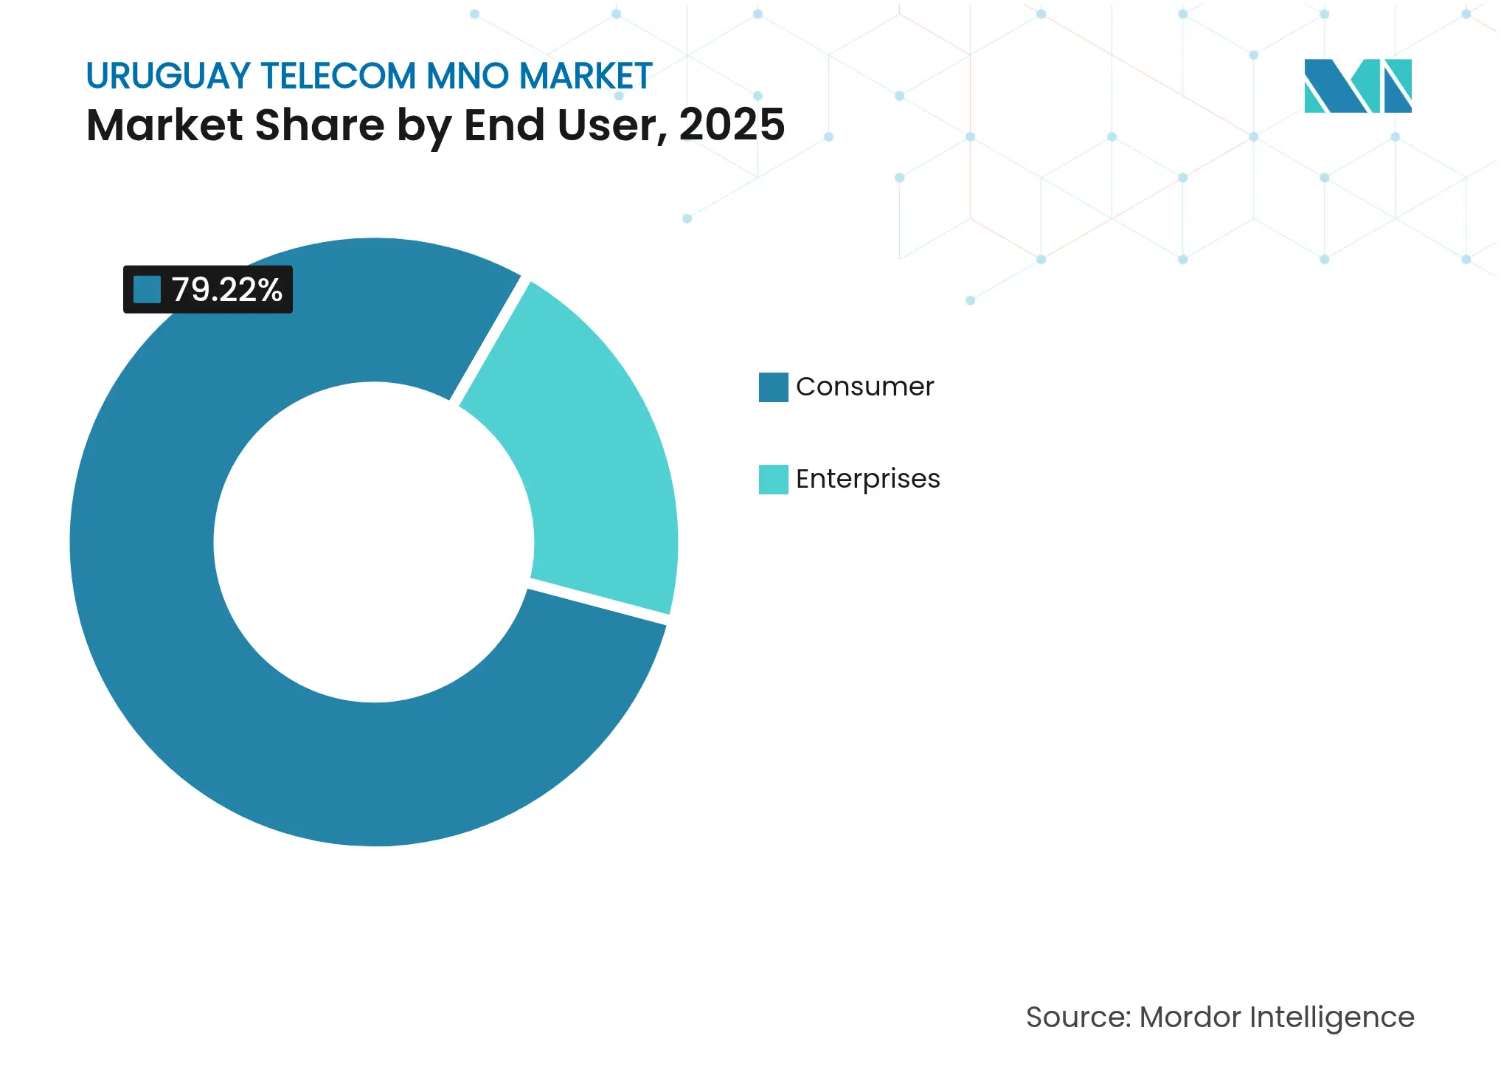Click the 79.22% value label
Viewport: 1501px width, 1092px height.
coord(226,290)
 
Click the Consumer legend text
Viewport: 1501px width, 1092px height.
coord(864,387)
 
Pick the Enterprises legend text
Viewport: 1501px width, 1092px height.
coord(867,479)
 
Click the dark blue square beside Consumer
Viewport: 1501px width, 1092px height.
coord(773,387)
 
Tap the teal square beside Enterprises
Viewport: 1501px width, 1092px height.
coord(773,480)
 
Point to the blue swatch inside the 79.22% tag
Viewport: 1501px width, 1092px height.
coord(147,290)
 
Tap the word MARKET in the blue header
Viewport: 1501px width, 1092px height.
coord(586,76)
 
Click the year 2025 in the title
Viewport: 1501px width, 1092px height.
coord(732,125)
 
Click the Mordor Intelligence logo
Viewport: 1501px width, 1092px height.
coord(1357,86)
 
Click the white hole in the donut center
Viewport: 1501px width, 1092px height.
coord(374,542)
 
